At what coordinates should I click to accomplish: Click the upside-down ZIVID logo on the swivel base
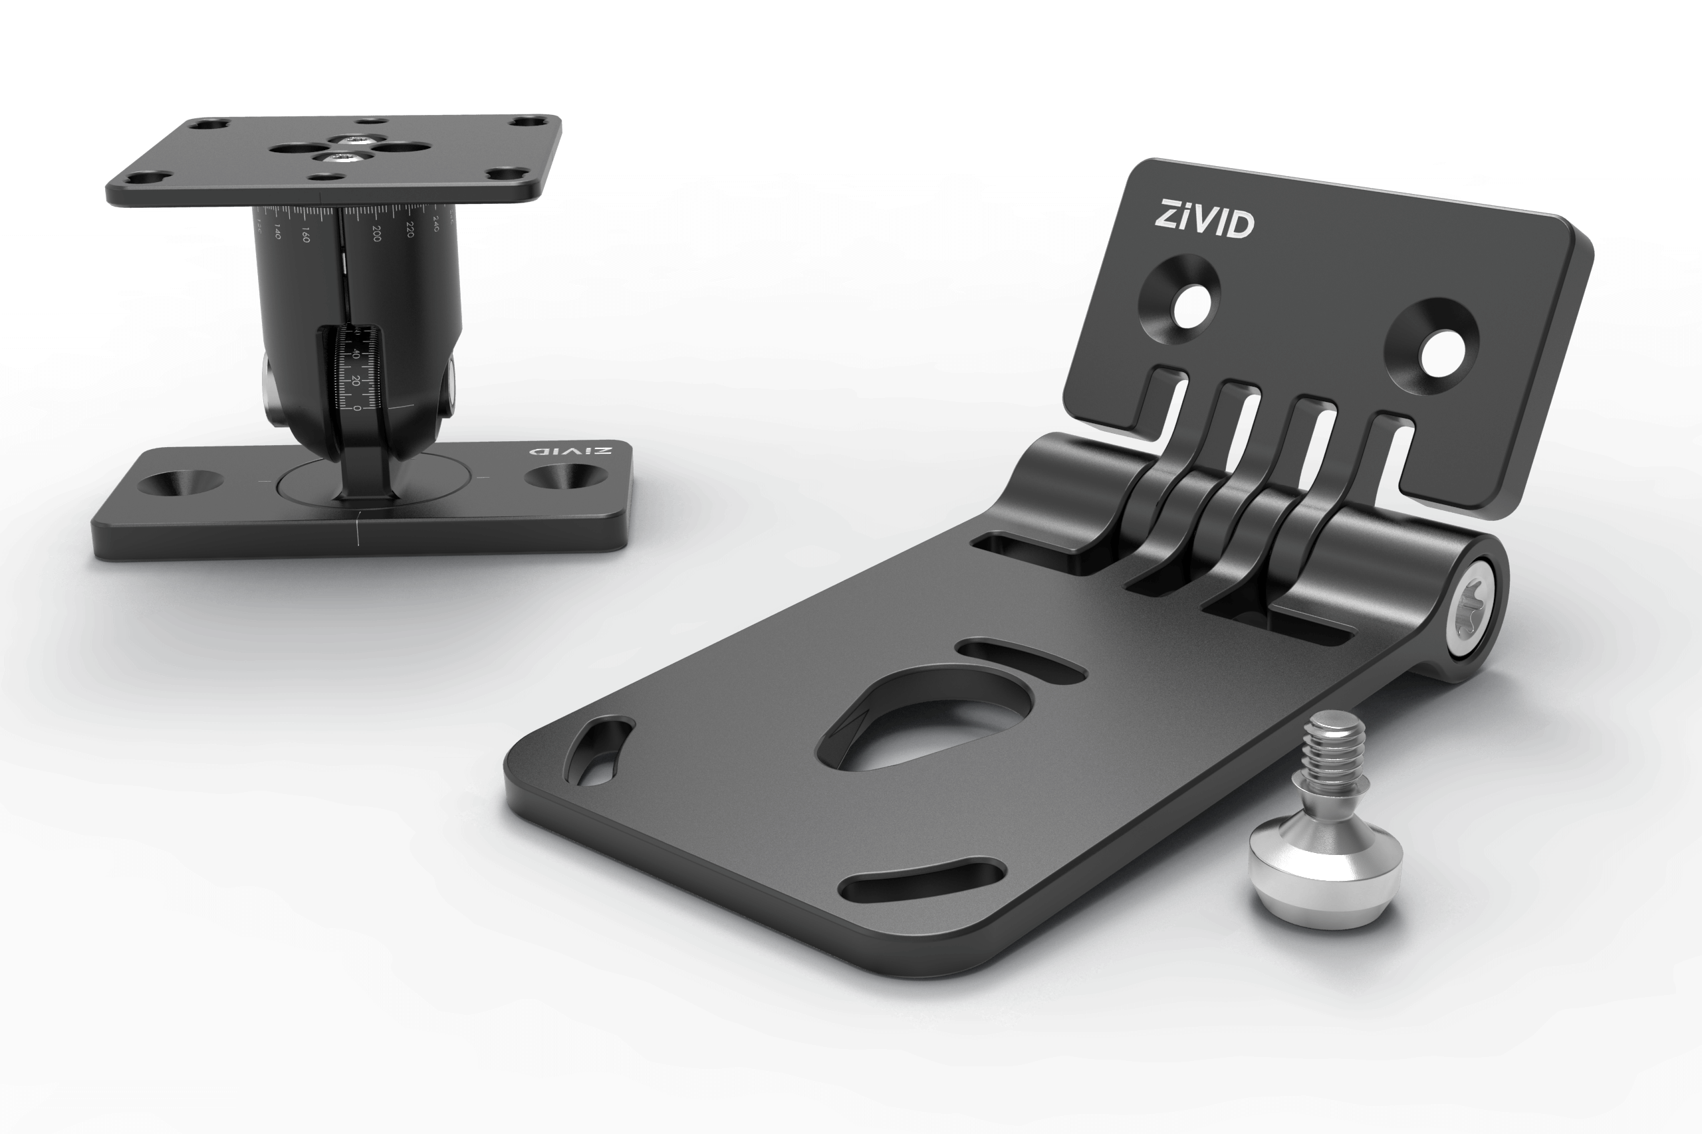click(x=571, y=450)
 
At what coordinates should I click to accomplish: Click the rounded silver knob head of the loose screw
click(x=1326, y=874)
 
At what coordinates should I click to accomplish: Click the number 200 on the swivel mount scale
click(x=376, y=234)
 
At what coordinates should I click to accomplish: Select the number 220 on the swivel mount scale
click(x=410, y=229)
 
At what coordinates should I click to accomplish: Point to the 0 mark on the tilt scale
click(x=358, y=409)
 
